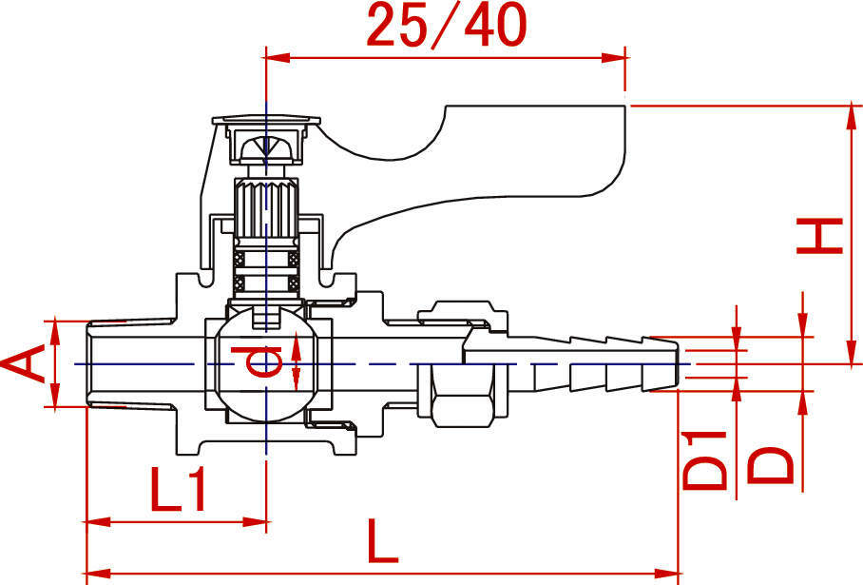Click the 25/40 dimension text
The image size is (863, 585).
(446, 26)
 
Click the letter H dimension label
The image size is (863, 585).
(819, 236)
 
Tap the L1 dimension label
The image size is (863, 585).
(178, 490)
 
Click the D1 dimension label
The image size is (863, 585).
(704, 460)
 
